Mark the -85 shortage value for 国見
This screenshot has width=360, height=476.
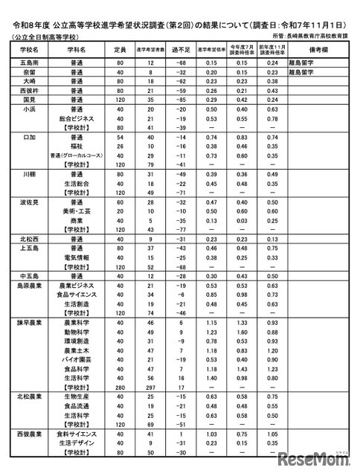[179, 98]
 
